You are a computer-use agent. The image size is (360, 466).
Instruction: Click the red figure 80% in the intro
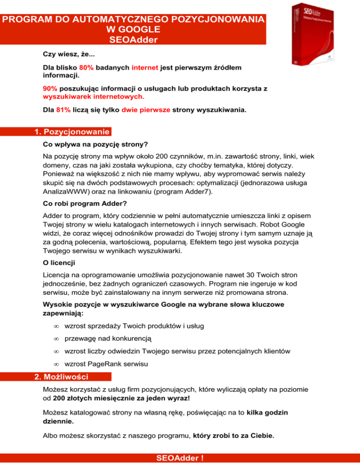click(87, 68)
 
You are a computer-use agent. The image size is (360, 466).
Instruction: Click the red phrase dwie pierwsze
click(145, 111)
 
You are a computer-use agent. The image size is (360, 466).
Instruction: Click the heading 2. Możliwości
click(64, 376)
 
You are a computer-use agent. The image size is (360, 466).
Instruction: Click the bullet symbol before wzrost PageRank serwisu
click(55, 363)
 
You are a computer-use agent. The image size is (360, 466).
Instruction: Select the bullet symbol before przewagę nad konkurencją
click(55, 338)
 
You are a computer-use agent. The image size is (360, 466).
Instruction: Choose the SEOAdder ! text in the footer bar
click(180, 459)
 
